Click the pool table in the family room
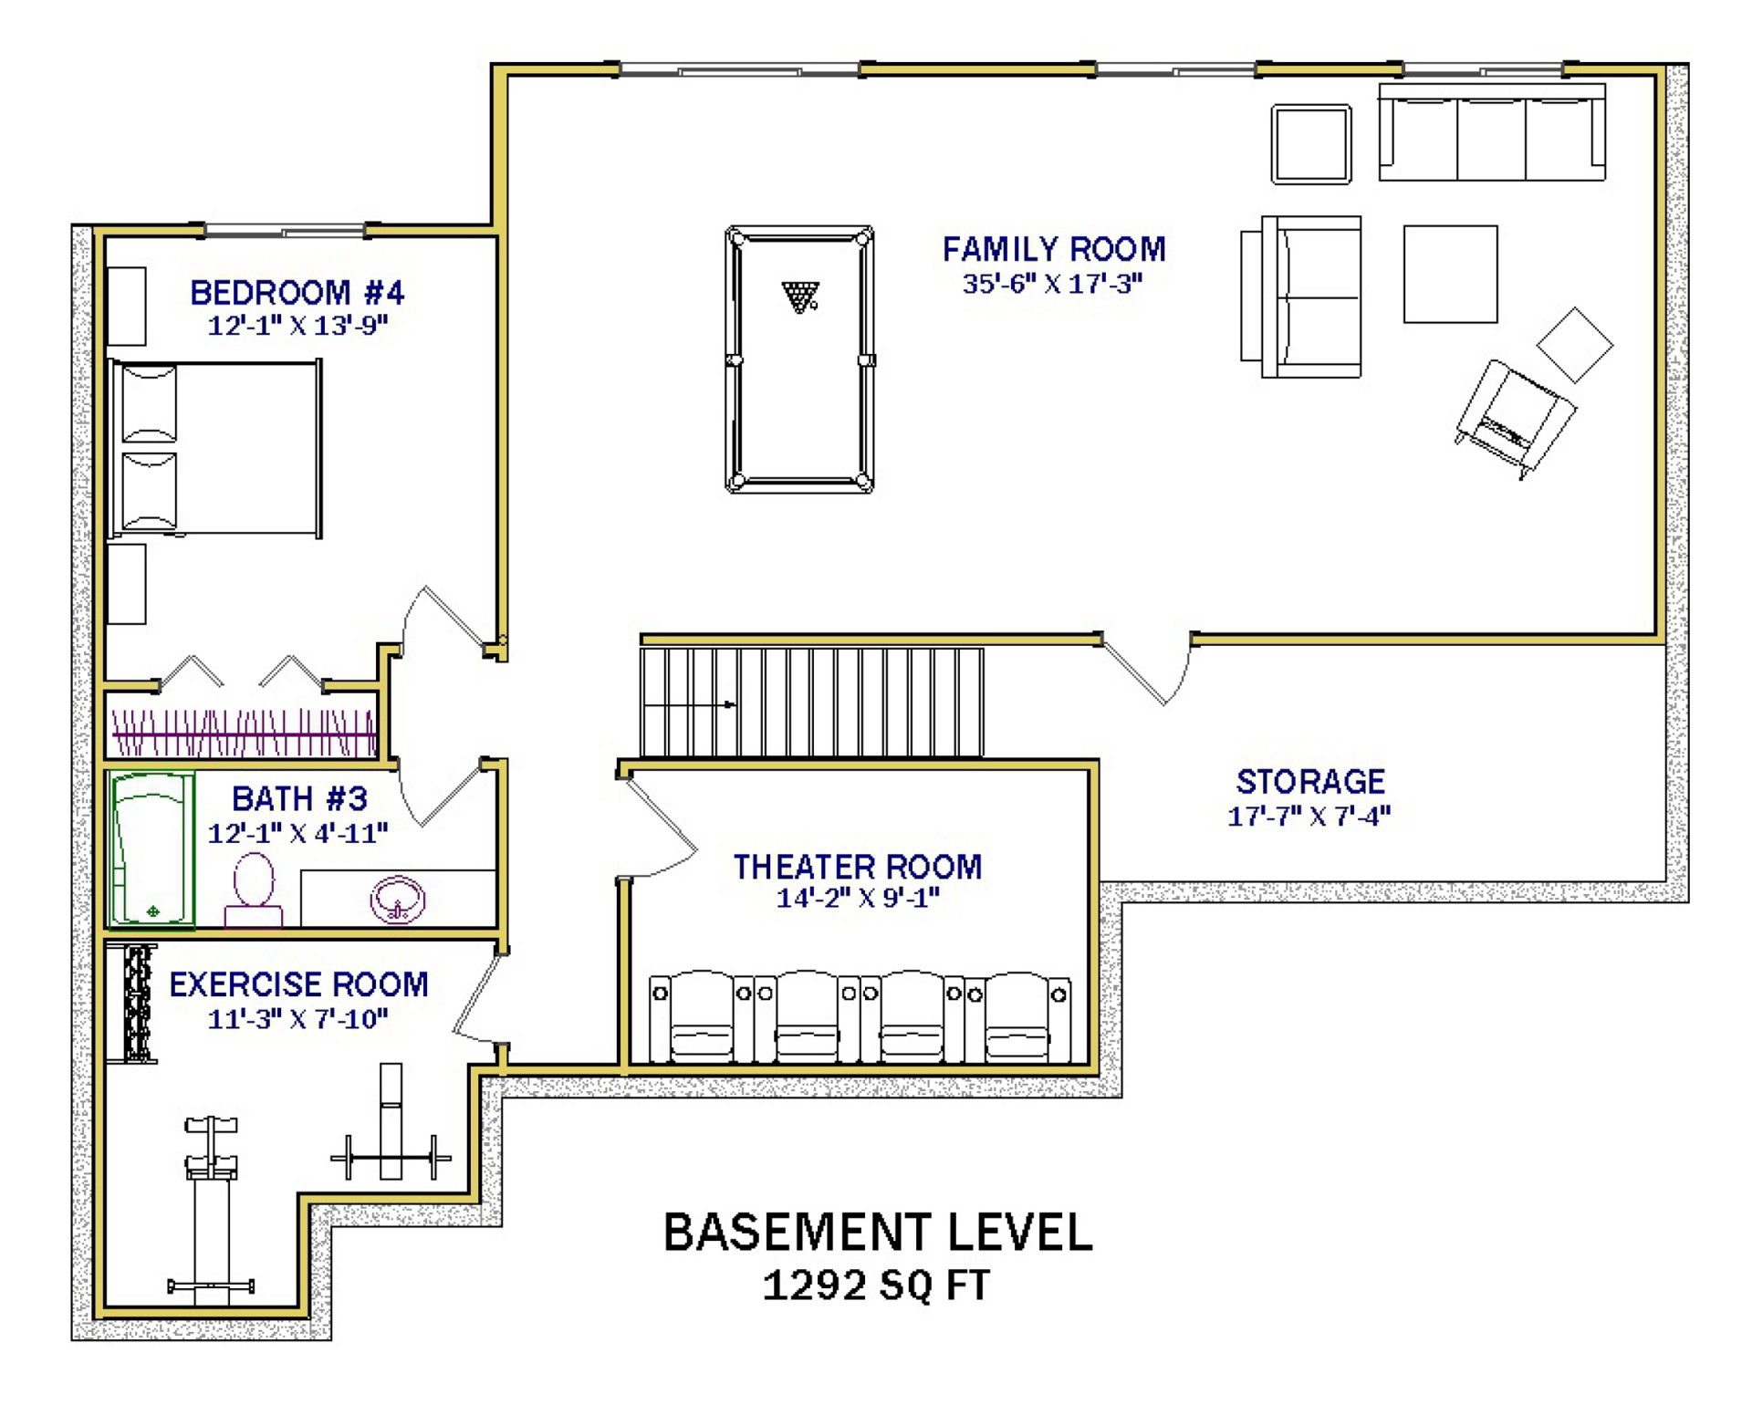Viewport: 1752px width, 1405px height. pos(799,359)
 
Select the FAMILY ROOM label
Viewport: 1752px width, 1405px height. pos(1054,249)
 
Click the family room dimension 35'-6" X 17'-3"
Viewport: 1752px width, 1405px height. pos(1053,284)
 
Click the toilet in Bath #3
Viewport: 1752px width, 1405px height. pos(254,890)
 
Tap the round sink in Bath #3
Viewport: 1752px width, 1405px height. pos(398,900)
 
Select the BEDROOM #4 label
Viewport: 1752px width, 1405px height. pos(297,293)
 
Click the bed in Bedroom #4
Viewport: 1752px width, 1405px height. pos(215,448)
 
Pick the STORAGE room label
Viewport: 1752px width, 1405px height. pos(1310,782)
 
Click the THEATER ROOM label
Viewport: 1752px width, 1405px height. pos(858,867)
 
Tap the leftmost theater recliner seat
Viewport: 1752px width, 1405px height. pos(701,1016)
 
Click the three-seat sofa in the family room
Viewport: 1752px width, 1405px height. pos(1492,132)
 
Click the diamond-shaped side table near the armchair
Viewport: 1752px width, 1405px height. pos(1575,345)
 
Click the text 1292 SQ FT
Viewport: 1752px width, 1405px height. pos(876,1285)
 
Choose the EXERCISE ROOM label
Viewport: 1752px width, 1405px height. pos(298,984)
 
